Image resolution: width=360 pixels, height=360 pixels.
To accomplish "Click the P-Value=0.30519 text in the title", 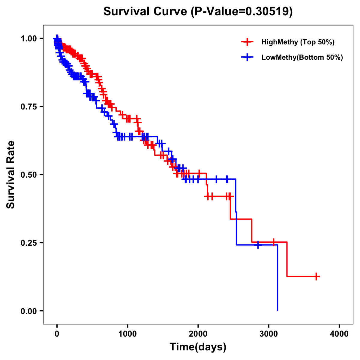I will (x=242, y=12).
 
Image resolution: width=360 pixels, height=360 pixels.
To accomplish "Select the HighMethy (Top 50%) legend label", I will (x=298, y=42).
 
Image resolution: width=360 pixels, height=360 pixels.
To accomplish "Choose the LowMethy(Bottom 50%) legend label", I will (x=302, y=57).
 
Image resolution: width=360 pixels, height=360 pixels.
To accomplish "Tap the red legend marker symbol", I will (x=247, y=42).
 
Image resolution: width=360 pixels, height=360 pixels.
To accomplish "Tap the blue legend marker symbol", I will (x=247, y=57).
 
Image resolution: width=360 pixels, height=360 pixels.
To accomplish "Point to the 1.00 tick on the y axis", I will (x=29, y=38).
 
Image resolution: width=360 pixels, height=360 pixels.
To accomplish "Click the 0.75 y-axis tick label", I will (x=29, y=106).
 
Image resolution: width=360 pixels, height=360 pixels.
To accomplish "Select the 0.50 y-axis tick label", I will (x=29, y=175).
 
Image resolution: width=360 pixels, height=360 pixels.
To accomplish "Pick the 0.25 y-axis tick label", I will (x=29, y=243).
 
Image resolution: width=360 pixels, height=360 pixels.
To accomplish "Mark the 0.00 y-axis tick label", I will (x=29, y=311).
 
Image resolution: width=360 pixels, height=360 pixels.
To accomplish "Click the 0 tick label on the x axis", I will (x=57, y=334).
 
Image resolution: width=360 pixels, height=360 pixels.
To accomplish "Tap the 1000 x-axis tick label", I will (x=127, y=334).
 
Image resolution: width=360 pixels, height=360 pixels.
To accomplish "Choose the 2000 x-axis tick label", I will (x=198, y=334).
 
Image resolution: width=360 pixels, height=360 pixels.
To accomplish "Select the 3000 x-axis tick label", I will (x=269, y=334).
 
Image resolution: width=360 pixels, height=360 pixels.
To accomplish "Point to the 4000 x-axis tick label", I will (x=339, y=334).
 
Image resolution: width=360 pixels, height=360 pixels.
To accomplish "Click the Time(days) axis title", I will (x=198, y=347).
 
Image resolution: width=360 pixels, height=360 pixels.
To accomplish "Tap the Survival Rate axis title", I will (x=11, y=175).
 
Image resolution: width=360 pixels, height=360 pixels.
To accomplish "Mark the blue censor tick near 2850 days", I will (x=258, y=245).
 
